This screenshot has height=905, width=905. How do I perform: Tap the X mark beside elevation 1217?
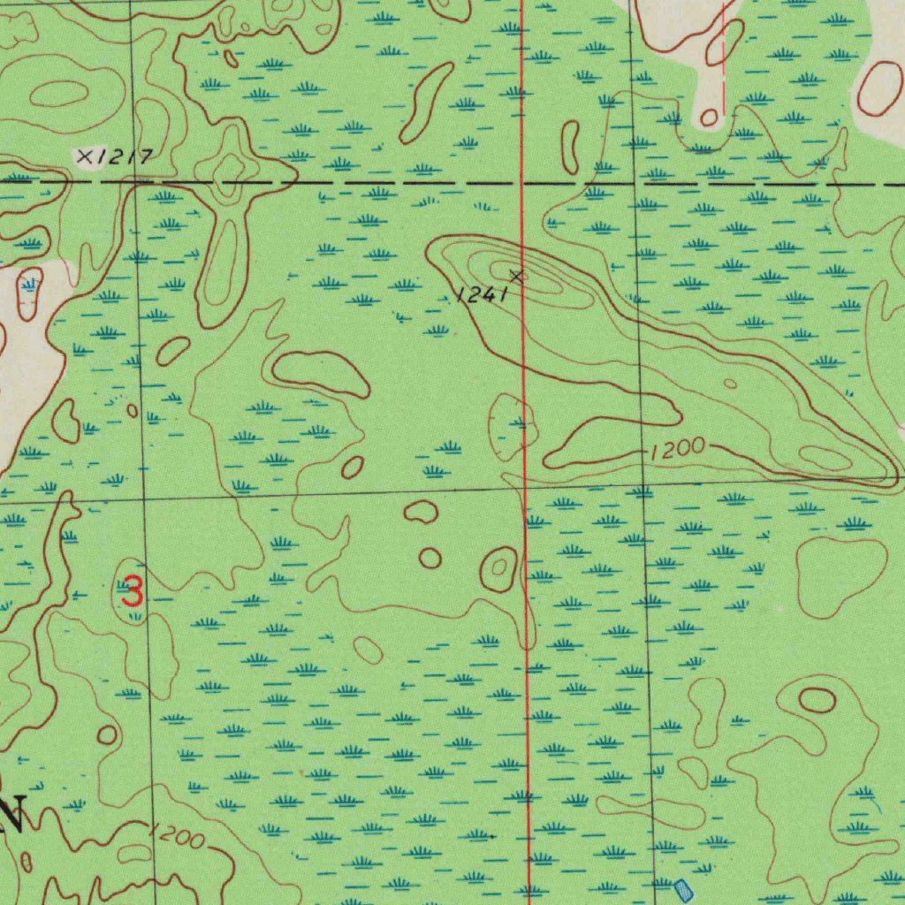click(x=85, y=157)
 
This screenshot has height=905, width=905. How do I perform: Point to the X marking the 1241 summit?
click(x=517, y=276)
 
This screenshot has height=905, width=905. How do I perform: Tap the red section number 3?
click(x=132, y=590)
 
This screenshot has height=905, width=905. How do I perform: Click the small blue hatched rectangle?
click(x=683, y=888)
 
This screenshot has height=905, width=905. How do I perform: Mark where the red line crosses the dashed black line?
click(x=522, y=183)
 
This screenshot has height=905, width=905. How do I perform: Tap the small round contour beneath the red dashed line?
click(x=709, y=118)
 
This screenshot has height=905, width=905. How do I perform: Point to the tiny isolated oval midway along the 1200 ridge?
click(x=730, y=384)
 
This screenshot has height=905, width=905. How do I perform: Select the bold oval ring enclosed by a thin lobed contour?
click(x=817, y=701)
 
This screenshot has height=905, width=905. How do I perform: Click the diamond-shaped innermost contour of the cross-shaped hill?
click(x=231, y=165)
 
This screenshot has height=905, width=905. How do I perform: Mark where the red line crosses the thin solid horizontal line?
click(x=524, y=484)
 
